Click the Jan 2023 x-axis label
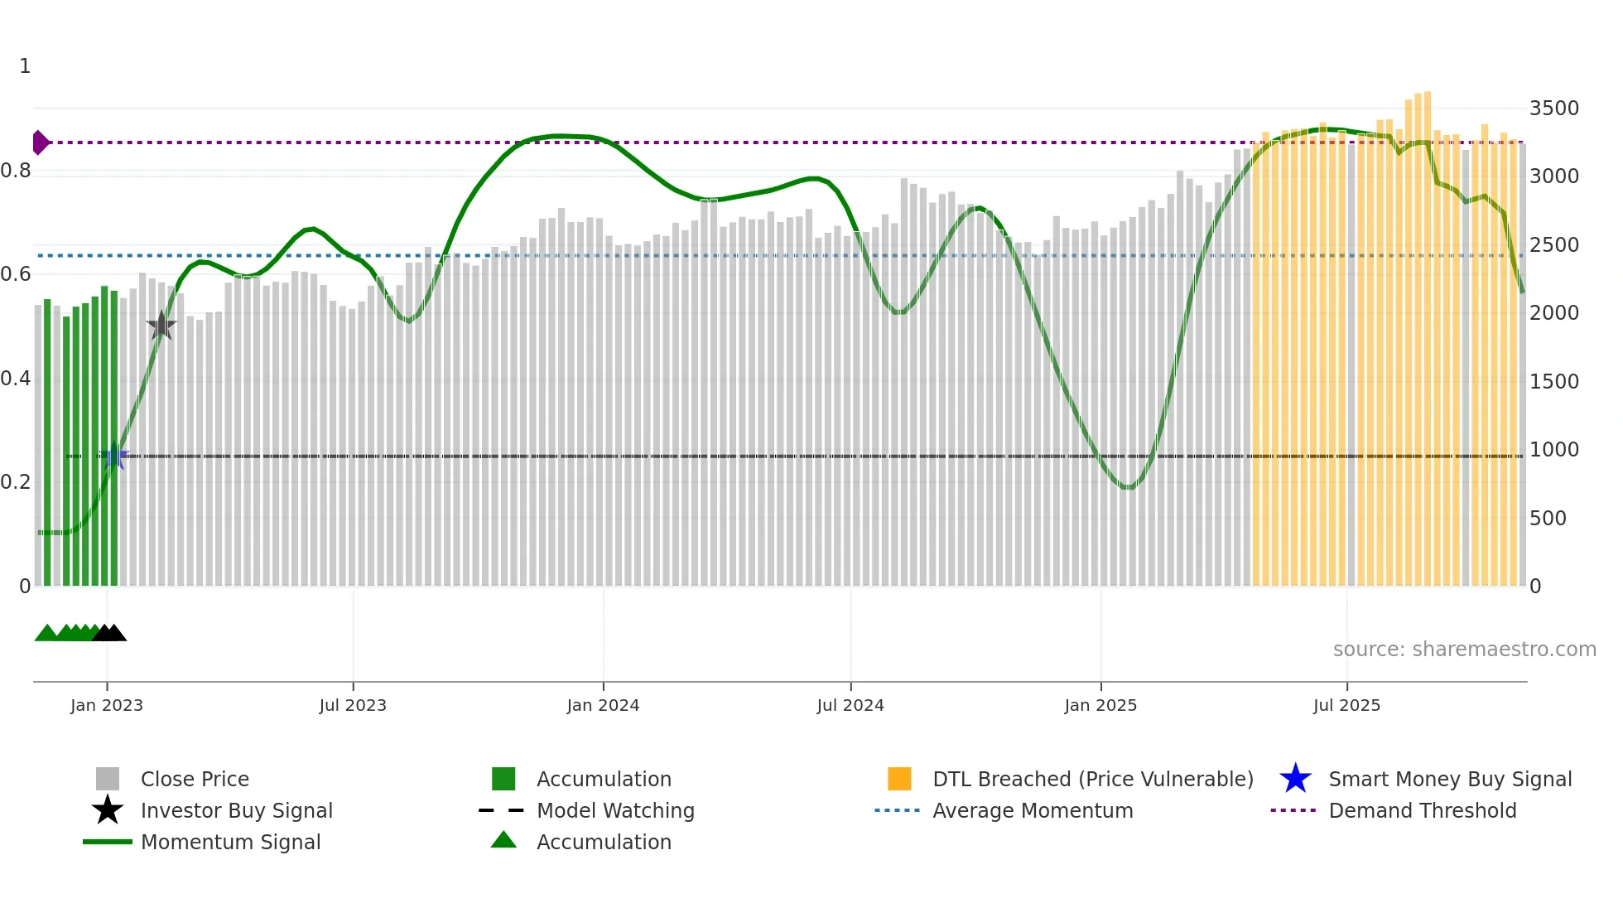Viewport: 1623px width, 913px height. pos(107,705)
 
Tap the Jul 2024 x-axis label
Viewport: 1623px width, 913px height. pos(850,705)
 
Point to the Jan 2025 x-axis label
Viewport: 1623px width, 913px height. pos(1100,705)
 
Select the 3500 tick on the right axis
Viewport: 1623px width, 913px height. pos(1553,109)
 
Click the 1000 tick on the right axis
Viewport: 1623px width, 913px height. pos(1553,450)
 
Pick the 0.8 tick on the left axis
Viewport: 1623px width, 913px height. pos(16,171)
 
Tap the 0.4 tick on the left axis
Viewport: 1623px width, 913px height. pos(16,379)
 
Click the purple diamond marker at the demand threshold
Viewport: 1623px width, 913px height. pos(40,143)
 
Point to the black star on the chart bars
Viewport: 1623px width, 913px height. pos(161,326)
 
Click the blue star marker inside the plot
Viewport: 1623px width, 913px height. pos(114,456)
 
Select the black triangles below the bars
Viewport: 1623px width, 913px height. pos(109,633)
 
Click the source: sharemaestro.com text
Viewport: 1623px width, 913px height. pos(1464,650)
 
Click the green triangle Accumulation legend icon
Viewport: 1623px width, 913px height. pos(503,840)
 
